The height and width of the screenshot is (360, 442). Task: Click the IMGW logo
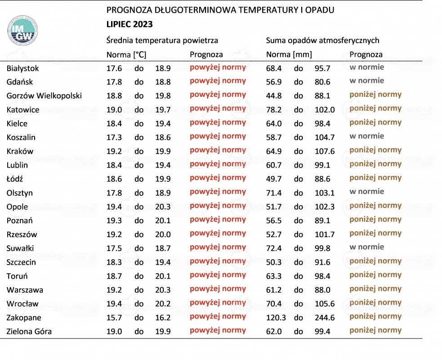pyautogui.click(x=22, y=31)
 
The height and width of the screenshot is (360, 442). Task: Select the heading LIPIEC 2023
pyautogui.click(x=129, y=24)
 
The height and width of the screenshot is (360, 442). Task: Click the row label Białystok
pyautogui.click(x=23, y=68)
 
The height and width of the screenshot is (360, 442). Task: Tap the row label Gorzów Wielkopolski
pyautogui.click(x=44, y=96)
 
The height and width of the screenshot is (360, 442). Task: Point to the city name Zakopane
pyautogui.click(x=24, y=318)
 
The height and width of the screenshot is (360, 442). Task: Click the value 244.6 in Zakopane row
pyautogui.click(x=325, y=318)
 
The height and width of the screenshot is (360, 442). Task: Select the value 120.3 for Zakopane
pyautogui.click(x=276, y=318)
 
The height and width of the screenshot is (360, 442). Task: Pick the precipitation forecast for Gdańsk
pyautogui.click(x=367, y=81)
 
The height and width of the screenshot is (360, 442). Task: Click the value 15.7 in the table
pyautogui.click(x=114, y=318)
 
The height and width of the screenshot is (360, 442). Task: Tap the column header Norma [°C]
pyautogui.click(x=126, y=54)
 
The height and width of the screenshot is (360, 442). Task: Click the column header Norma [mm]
pyautogui.click(x=289, y=54)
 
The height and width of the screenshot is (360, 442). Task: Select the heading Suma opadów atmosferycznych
pyautogui.click(x=322, y=40)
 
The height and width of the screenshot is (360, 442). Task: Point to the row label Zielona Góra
pyautogui.click(x=29, y=332)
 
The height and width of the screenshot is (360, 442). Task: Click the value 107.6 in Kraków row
pyautogui.click(x=325, y=151)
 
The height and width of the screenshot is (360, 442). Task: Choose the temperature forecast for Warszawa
pyautogui.click(x=218, y=289)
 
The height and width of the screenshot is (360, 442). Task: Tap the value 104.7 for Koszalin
pyautogui.click(x=325, y=137)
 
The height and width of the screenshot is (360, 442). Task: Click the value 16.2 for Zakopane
pyautogui.click(x=163, y=318)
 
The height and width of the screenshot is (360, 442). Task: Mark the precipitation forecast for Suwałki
pyautogui.click(x=367, y=247)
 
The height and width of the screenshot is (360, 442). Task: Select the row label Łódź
pyautogui.click(x=15, y=179)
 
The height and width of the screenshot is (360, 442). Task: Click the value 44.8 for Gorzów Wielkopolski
pyautogui.click(x=274, y=96)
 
